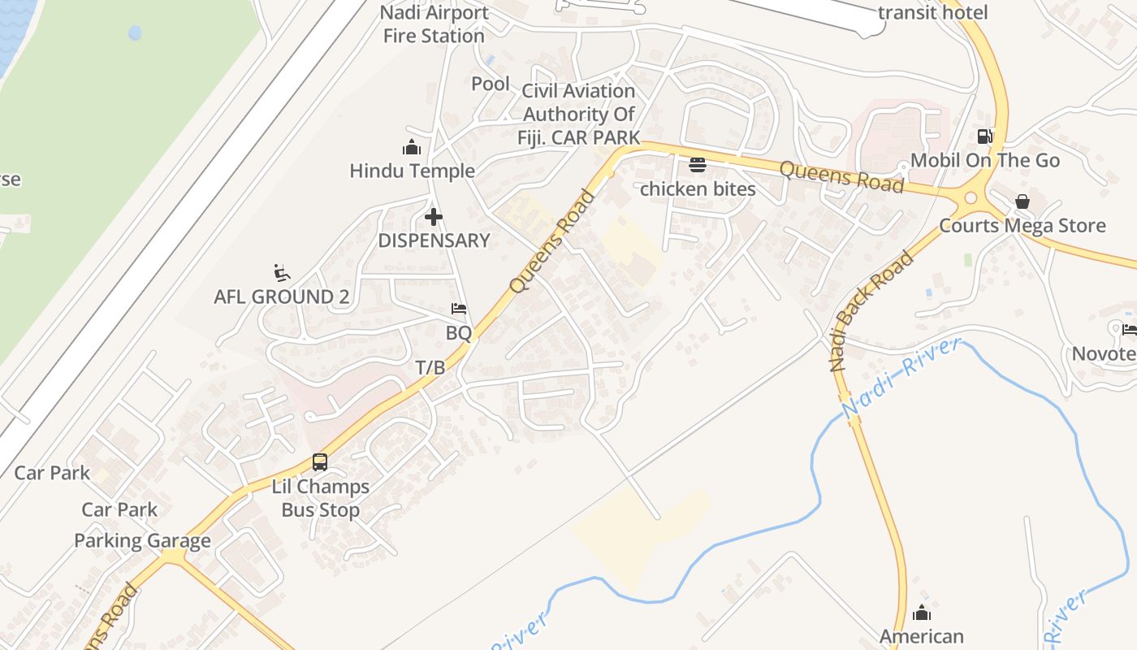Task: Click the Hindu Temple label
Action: pos(412,171)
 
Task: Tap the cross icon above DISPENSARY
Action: pos(434,217)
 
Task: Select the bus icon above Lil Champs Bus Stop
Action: pos(320,462)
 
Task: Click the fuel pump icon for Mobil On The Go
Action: pos(984,136)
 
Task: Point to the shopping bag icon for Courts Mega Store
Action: pos(1022,201)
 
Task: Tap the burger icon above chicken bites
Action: pos(698,165)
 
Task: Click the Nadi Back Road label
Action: pos(871,311)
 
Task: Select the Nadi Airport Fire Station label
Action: pos(434,24)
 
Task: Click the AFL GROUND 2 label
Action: pos(281,297)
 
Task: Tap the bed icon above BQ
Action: pos(459,309)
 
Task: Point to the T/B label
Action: pos(430,367)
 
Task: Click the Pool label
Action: pos(491,84)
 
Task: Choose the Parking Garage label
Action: pos(142,540)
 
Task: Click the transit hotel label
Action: pos(933,12)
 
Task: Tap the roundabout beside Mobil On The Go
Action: pos(970,197)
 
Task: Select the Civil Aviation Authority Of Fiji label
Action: pos(578,114)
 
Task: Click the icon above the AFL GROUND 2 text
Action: pos(282,272)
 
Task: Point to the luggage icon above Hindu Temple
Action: pos(412,147)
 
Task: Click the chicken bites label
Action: pos(698,188)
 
